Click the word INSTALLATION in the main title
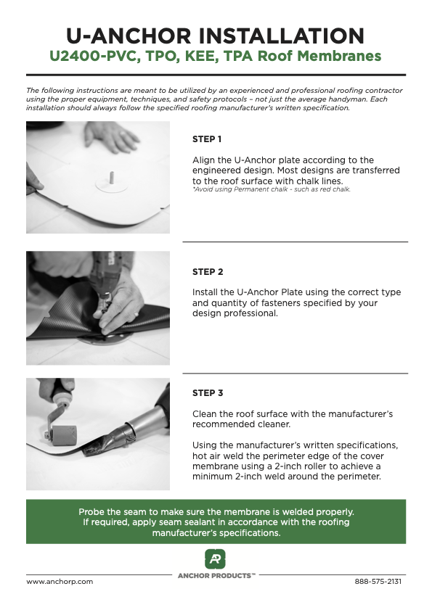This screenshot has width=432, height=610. click(282, 36)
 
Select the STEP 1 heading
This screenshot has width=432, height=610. click(207, 139)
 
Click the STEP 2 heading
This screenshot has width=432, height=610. click(208, 272)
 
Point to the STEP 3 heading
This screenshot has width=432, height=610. click(208, 393)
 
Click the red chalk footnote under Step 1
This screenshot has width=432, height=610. click(272, 189)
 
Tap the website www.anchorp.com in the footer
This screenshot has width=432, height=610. click(60, 582)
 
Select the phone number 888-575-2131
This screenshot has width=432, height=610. click(378, 582)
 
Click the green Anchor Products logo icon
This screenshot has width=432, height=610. click(215, 559)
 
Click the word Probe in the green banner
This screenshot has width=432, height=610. click(90, 512)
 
